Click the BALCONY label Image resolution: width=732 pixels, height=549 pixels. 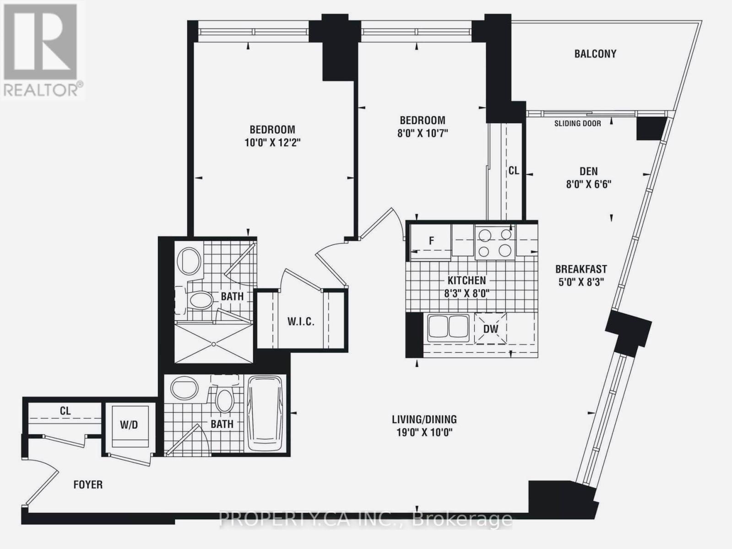(595, 54)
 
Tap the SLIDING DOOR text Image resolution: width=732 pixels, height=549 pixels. (577, 124)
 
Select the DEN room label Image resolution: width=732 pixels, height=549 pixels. (588, 171)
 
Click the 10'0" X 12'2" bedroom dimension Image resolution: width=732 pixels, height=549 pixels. (272, 143)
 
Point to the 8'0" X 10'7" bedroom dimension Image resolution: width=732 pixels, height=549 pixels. (422, 134)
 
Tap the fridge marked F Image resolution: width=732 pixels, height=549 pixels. (430, 241)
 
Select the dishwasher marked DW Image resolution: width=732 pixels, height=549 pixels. (491, 328)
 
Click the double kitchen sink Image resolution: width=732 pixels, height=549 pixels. (448, 327)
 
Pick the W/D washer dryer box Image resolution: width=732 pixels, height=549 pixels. (129, 425)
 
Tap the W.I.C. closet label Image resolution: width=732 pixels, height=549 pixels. (301, 322)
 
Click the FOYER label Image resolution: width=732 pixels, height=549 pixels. (88, 484)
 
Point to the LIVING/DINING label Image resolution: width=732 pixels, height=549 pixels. (424, 419)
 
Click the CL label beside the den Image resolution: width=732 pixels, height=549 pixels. (514, 171)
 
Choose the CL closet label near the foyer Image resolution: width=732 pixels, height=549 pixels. (65, 411)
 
